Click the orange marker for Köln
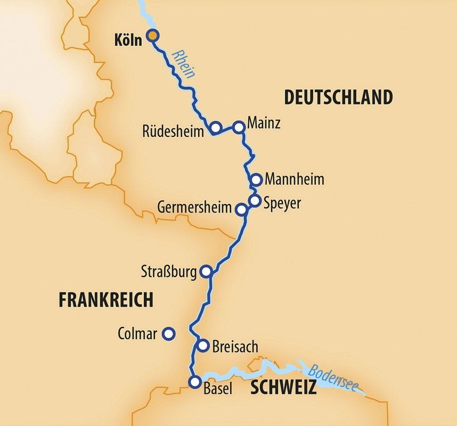click(x=153, y=36)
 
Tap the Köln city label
click(x=128, y=40)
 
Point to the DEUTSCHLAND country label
click(x=338, y=97)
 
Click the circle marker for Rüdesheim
click(x=215, y=128)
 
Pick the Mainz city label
click(x=264, y=124)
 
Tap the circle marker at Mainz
click(x=239, y=127)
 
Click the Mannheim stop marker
click(x=256, y=179)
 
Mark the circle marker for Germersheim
click(x=241, y=209)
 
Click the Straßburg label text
click(x=168, y=271)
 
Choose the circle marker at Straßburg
click(x=206, y=272)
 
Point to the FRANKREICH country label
click(x=106, y=300)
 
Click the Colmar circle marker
click(x=168, y=334)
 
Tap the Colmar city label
click(x=137, y=334)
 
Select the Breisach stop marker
click(x=203, y=346)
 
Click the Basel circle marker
click(x=195, y=382)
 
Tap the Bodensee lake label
click(x=333, y=378)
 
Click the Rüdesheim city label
click(x=173, y=132)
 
